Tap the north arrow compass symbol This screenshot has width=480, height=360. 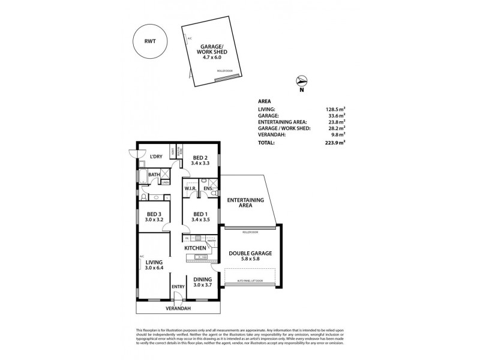pyautogui.click(x=302, y=82)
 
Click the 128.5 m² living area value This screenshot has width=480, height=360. pyautogui.click(x=335, y=110)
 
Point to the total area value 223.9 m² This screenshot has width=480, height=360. pyautogui.click(x=335, y=143)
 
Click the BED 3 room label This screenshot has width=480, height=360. pyautogui.click(x=154, y=214)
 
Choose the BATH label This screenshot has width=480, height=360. pyautogui.click(x=154, y=175)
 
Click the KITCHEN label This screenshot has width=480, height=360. pyautogui.click(x=195, y=248)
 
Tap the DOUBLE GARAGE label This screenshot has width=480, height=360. pyautogui.click(x=250, y=253)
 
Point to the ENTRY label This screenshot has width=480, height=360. pyautogui.click(x=178, y=287)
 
